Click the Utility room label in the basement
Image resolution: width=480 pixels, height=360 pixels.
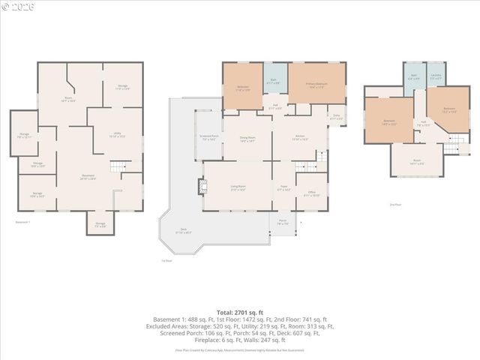pos(118,135)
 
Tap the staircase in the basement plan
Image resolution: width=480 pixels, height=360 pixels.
pos(118,166)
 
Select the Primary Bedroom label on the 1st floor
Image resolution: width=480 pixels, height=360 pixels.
pos(316,85)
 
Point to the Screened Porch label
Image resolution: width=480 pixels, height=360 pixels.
pos(208,138)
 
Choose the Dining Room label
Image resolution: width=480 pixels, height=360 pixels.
pos(247,139)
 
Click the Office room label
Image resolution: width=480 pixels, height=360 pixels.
pos(311,193)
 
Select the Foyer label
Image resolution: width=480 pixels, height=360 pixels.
pos(284,189)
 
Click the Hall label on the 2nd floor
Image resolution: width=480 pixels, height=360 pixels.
pos(424,124)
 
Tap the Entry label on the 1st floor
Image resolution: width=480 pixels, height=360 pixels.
pos(337,117)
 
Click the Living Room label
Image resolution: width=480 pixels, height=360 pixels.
pos(238,189)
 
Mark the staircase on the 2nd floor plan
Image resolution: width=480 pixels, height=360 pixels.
pos(452,148)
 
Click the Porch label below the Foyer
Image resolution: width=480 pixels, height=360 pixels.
pos(283,223)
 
